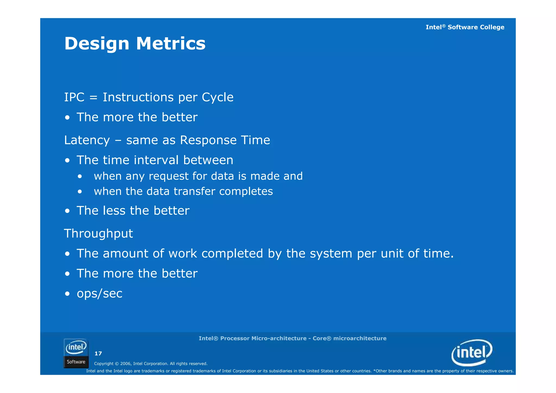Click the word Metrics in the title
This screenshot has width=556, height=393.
171,43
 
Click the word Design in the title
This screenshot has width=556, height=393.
97,44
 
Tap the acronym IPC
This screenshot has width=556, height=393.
74,97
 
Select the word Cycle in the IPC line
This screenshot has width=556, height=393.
217,97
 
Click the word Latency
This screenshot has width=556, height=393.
87,140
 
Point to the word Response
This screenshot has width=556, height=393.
208,140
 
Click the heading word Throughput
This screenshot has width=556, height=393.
99,234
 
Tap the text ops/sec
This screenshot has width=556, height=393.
100,293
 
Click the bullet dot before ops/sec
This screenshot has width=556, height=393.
67,294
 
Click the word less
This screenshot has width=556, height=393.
114,210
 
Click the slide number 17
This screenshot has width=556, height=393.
98,353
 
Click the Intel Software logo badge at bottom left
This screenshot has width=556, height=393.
76,353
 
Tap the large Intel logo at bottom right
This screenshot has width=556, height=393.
472,353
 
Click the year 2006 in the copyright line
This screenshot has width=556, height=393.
125,364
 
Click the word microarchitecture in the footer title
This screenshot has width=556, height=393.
360,338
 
